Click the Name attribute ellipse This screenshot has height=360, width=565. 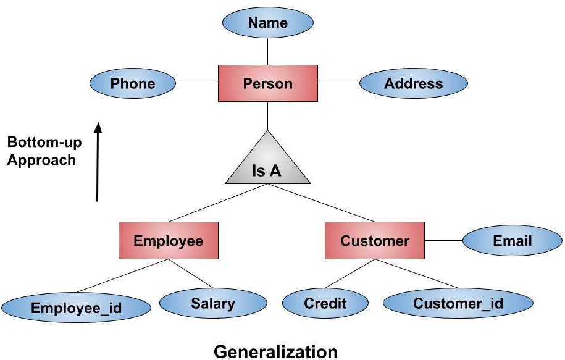pyautogui.click(x=267, y=23)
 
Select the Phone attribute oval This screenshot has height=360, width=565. pyautogui.click(x=133, y=83)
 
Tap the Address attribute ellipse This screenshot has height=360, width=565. pyautogui.click(x=413, y=83)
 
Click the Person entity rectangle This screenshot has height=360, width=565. pyautogui.click(x=267, y=83)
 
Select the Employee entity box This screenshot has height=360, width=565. pyautogui.click(x=168, y=241)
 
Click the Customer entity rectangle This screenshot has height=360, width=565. pyautogui.click(x=375, y=241)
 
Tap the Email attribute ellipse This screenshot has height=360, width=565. pyautogui.click(x=512, y=241)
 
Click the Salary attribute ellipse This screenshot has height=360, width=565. pyautogui.click(x=213, y=303)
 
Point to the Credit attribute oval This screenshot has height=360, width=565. pyautogui.click(x=325, y=303)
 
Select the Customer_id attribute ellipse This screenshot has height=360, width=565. pyautogui.click(x=458, y=303)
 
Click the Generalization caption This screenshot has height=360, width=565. pyautogui.click(x=275, y=352)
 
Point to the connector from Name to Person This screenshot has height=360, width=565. pyautogui.click(x=267, y=51)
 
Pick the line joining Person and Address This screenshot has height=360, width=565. pyautogui.click(x=338, y=83)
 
